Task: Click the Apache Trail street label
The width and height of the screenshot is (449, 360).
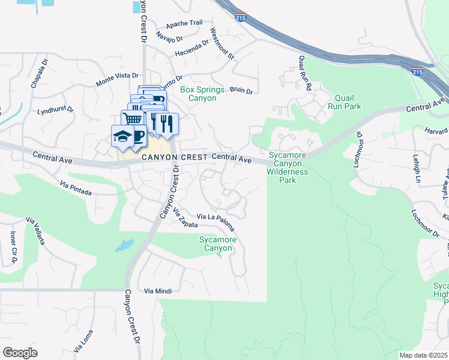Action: point(184,23)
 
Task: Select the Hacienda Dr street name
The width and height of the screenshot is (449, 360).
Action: point(191,48)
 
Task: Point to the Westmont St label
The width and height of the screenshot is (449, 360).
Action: point(221,43)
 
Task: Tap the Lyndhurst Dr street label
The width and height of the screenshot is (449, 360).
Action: point(55,111)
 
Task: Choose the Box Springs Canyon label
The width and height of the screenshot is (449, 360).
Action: point(202,94)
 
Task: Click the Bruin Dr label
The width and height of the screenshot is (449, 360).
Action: point(241,91)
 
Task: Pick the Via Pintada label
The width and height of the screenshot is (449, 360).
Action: point(76,188)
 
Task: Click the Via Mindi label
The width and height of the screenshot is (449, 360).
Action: point(158,291)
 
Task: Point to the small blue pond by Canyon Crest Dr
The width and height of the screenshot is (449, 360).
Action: point(124,245)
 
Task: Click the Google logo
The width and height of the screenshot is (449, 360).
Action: point(20,353)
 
